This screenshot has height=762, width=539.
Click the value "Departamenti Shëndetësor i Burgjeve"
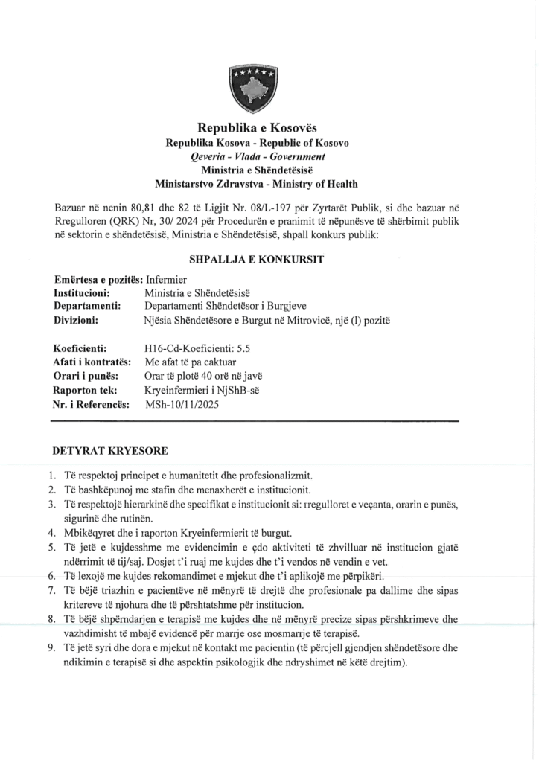pyautogui.click(x=231, y=307)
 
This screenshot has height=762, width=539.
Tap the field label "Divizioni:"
pyautogui.click(x=78, y=320)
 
